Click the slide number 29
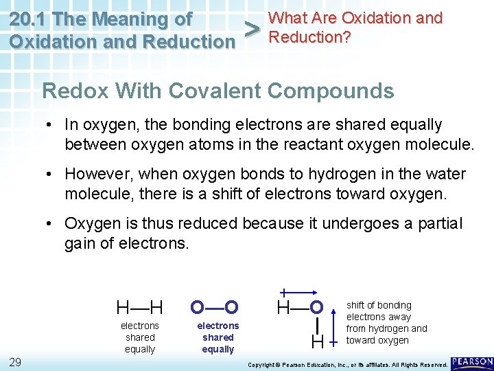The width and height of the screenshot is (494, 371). pyautogui.click(x=15, y=361)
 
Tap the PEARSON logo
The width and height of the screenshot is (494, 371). pyautogui.click(x=472, y=363)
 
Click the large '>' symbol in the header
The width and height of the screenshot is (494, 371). pyautogui.click(x=253, y=29)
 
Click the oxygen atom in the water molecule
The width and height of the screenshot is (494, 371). pyautogui.click(x=316, y=306)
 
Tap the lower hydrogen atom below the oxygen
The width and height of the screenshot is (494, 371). pyautogui.click(x=317, y=341)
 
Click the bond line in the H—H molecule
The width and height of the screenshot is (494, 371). pyautogui.click(x=140, y=306)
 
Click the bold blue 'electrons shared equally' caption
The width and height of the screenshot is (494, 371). pyautogui.click(x=218, y=337)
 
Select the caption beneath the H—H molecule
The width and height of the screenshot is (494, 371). pyautogui.click(x=140, y=337)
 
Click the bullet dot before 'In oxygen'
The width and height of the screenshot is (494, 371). pyautogui.click(x=51, y=125)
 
